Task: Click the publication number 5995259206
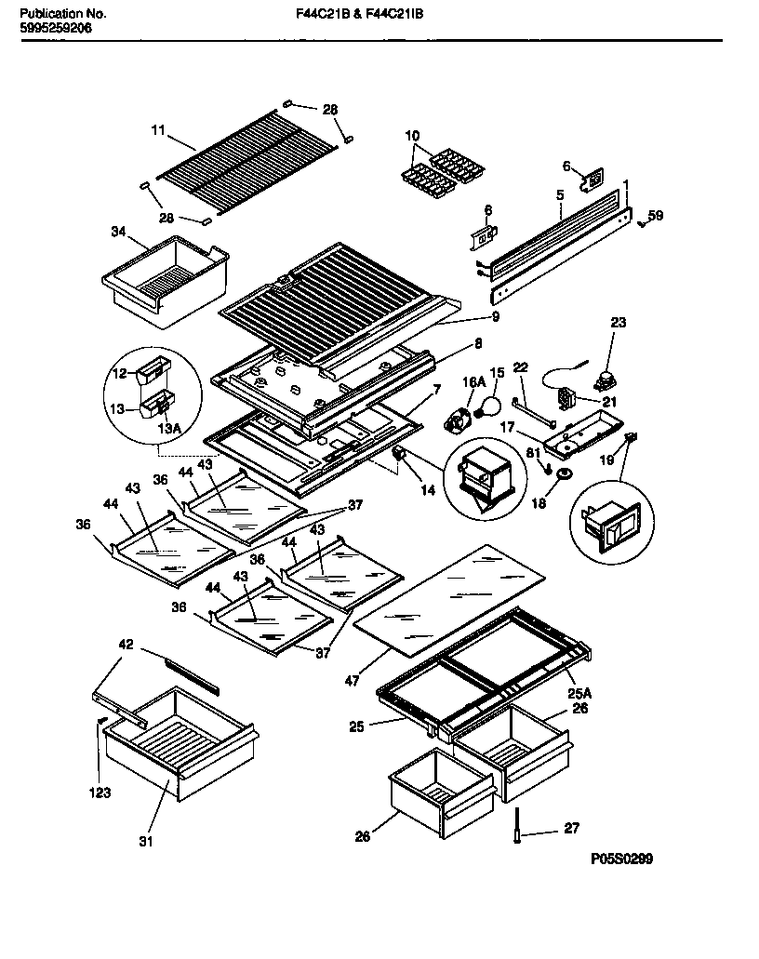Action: [56, 29]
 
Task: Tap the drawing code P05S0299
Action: [621, 859]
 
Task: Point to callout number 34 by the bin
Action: [118, 232]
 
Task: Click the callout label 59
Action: [656, 216]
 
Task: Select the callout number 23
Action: [619, 323]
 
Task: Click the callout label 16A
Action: [473, 380]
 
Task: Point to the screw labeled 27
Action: [514, 827]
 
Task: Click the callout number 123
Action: [100, 793]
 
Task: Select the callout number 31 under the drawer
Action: [145, 843]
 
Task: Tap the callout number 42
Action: [126, 644]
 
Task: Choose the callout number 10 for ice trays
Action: [413, 136]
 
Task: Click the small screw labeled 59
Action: [642, 222]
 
